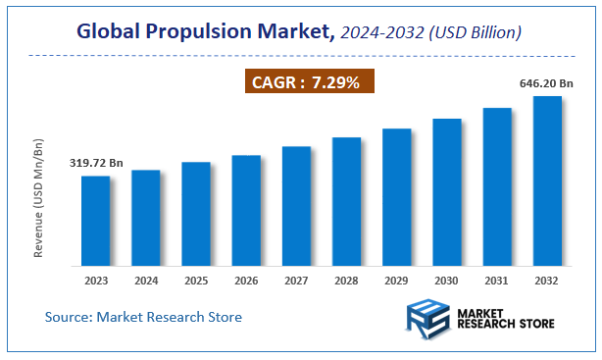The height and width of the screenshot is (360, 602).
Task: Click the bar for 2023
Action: tap(95, 221)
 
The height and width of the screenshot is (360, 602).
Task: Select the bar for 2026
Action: tap(246, 210)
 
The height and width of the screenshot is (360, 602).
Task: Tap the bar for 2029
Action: tap(396, 196)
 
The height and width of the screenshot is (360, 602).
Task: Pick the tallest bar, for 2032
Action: tap(547, 180)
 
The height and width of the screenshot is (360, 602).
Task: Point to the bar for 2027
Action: tap(296, 206)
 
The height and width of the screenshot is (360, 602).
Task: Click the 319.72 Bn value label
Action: tap(95, 163)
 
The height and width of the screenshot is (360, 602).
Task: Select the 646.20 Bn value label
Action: tap(547, 84)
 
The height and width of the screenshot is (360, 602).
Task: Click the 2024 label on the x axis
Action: tap(145, 281)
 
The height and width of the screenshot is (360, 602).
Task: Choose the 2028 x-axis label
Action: tap(346, 281)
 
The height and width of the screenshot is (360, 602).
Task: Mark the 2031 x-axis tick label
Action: tap(497, 281)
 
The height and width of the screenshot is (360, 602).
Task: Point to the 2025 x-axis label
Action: tap(196, 281)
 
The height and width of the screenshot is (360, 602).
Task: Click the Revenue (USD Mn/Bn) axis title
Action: tap(39, 198)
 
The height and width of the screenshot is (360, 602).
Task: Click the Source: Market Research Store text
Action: tap(143, 317)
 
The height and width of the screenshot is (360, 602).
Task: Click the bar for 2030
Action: tap(447, 191)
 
